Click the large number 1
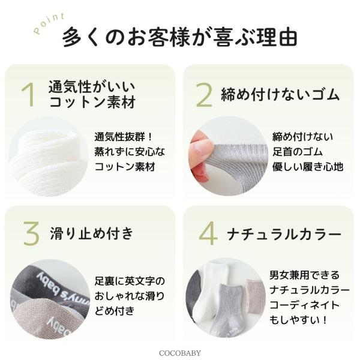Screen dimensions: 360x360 [28, 95]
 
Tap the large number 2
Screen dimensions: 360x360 [203, 95]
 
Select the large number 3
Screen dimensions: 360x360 [31, 233]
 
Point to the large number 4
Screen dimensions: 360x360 [208, 233]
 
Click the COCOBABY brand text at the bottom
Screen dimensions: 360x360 [180, 353]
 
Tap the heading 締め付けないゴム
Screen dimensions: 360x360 [280, 94]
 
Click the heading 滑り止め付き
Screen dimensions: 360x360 [92, 233]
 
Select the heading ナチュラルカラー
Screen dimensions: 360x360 [284, 234]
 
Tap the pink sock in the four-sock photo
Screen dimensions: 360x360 [254, 296]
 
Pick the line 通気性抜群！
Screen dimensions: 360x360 [124, 137]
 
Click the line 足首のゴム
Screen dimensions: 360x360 [298, 152]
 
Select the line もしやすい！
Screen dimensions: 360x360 [298, 320]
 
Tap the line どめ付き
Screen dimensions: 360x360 [115, 311]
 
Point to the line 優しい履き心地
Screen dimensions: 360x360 [308, 166]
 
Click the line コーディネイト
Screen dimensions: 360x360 [304, 305]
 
